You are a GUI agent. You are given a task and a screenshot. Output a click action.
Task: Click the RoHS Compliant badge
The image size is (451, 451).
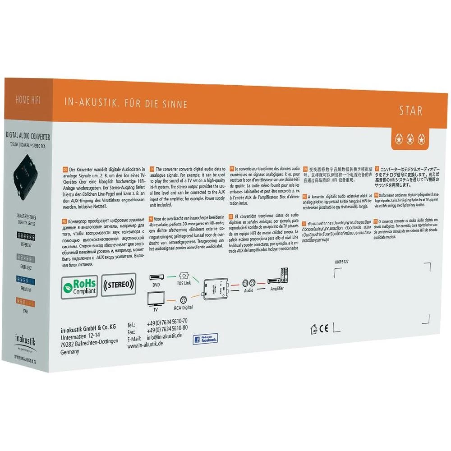79,285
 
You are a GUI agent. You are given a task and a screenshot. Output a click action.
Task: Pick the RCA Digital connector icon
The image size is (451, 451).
184,300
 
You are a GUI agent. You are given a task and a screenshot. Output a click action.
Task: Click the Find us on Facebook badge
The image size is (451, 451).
205,339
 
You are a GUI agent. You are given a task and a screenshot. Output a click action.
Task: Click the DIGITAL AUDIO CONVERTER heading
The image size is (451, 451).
28,136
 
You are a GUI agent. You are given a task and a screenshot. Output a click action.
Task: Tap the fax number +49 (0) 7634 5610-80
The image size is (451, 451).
167,328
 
